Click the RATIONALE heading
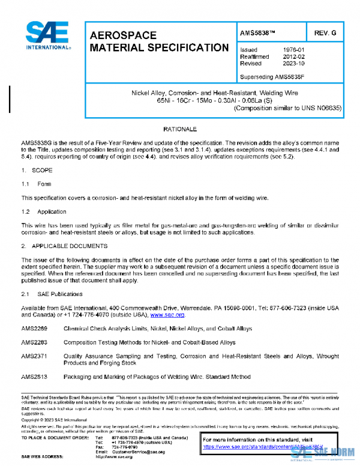coord(181,129)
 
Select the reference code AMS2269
coord(34,328)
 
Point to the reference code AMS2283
coord(34,342)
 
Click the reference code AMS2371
coord(34,356)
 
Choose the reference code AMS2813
coord(34,377)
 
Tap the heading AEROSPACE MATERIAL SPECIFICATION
coord(158,41)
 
